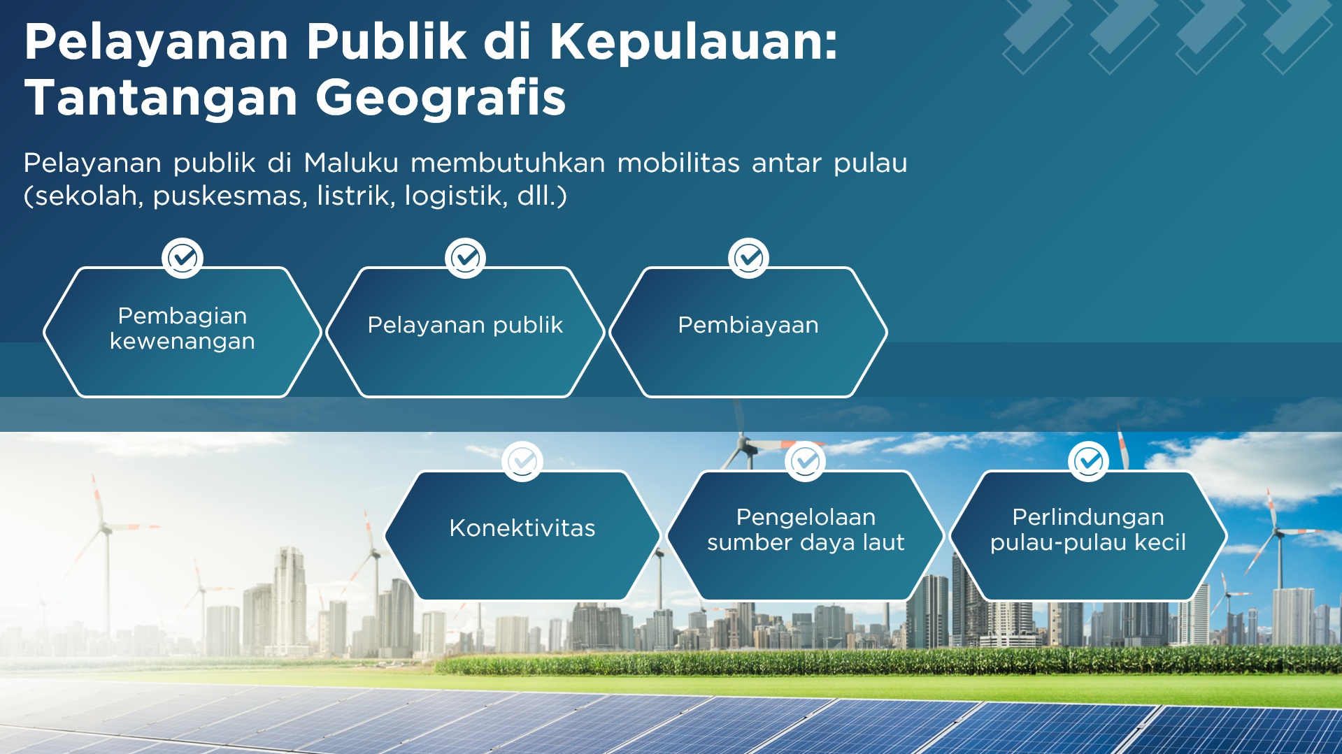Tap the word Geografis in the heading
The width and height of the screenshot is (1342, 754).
pyautogui.click(x=441, y=98)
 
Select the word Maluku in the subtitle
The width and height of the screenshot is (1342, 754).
pyautogui.click(x=351, y=163)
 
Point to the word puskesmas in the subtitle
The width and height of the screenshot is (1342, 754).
pyautogui.click(x=230, y=196)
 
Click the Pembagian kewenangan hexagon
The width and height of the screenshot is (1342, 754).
pyautogui.click(x=183, y=332)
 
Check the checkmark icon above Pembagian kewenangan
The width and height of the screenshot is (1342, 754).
pyautogui.click(x=183, y=259)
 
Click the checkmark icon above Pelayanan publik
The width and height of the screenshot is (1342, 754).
pyautogui.click(x=466, y=259)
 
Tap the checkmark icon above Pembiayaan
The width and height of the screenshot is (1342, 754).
pyautogui.click(x=748, y=259)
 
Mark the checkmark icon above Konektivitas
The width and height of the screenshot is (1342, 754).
pyautogui.click(x=522, y=461)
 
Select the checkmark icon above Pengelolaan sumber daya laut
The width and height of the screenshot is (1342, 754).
pyautogui.click(x=806, y=461)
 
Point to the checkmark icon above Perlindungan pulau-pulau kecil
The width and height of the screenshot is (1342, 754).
pyautogui.click(x=1088, y=461)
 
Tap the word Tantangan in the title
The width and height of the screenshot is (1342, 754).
pyautogui.click(x=162, y=98)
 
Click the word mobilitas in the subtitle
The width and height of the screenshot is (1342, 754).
pyautogui.click(x=678, y=163)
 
